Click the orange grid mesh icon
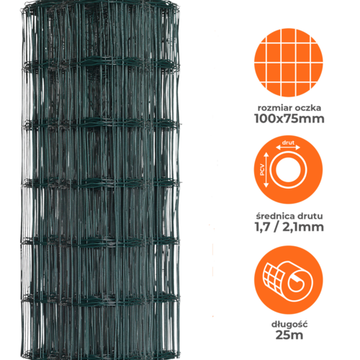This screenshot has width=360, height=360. [289, 63]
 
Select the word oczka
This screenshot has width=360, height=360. [308, 108]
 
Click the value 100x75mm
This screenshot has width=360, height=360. [289, 119]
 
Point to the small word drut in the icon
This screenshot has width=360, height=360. [288, 143]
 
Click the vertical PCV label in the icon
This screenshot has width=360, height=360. [262, 170]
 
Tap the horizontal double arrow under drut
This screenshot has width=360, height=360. [288, 148]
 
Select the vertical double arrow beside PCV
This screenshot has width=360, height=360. [266, 170]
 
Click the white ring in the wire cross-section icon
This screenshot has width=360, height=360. [288, 170]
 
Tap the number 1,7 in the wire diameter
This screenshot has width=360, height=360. [262, 227]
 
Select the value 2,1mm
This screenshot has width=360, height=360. [303, 227]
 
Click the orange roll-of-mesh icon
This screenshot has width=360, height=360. [289, 280]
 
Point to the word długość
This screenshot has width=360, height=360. [289, 325]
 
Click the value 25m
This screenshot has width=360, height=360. [289, 335]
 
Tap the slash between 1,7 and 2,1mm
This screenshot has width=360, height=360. [276, 227]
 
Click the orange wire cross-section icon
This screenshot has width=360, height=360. [289, 170]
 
